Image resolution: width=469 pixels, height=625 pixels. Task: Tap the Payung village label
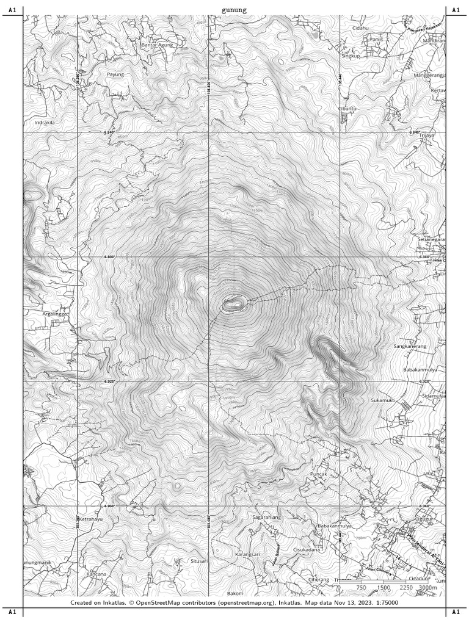(115, 74)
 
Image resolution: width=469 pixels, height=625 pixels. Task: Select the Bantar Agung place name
(158, 45)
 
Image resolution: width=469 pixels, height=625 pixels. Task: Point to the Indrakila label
(45, 122)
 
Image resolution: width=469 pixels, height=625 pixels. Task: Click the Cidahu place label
(361, 27)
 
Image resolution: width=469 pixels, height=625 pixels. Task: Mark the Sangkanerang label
(410, 346)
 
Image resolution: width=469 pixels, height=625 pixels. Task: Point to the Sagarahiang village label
(266, 517)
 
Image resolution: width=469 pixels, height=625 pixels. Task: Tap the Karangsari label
(248, 554)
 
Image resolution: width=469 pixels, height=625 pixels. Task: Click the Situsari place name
(199, 560)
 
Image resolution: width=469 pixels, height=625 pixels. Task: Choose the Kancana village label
(96, 574)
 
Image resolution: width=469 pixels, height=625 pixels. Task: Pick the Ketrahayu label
(90, 519)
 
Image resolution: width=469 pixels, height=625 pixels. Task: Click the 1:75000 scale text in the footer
(386, 602)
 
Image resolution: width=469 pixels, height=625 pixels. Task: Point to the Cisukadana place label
(307, 549)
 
